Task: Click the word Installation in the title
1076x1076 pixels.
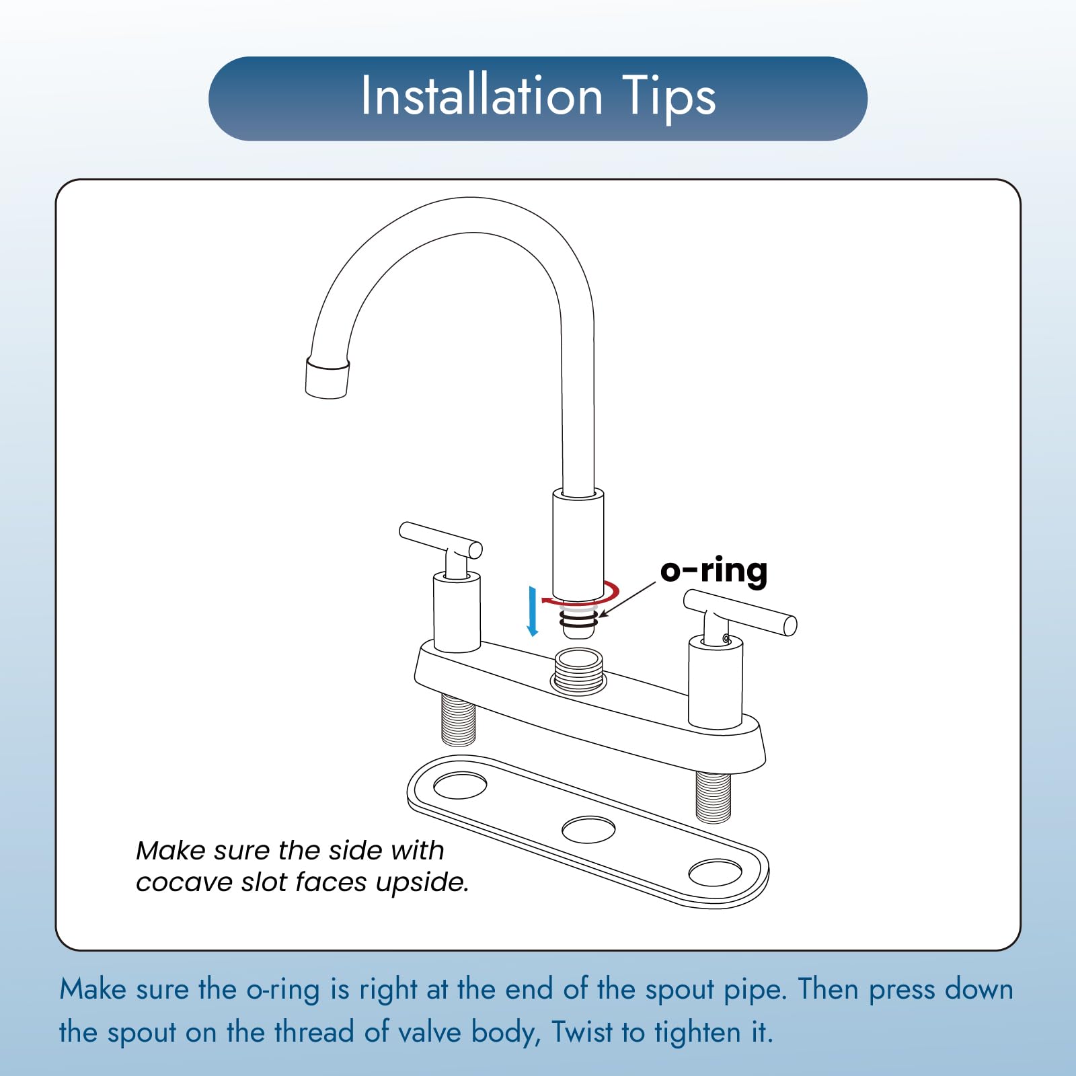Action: (482, 95)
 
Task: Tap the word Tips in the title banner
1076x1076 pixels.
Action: (668, 98)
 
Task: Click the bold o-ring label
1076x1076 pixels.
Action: (714, 572)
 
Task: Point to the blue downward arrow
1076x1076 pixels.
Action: (533, 611)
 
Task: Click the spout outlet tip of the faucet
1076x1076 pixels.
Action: (327, 378)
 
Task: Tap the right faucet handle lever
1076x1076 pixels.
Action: (740, 612)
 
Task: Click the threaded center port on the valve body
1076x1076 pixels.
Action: (578, 670)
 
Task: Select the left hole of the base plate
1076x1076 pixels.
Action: (461, 785)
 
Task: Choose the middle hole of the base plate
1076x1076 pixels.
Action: (588, 830)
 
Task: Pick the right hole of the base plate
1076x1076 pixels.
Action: (715, 872)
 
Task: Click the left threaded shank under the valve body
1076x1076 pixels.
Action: (459, 720)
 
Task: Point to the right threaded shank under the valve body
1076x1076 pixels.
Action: (713, 798)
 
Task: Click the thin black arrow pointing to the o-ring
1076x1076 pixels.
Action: (627, 600)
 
